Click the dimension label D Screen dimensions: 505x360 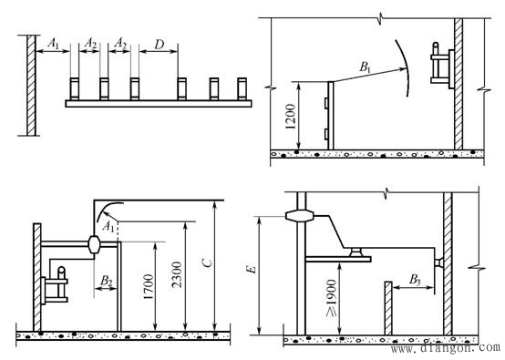(160, 45)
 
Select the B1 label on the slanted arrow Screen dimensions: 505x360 (365, 67)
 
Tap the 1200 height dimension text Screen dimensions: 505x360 (290, 117)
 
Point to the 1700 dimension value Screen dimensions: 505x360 (148, 287)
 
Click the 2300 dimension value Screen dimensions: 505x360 (177, 274)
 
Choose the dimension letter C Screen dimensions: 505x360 (208, 263)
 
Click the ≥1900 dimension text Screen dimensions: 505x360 (332, 298)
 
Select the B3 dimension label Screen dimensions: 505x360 (415, 279)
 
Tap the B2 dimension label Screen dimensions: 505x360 (107, 281)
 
